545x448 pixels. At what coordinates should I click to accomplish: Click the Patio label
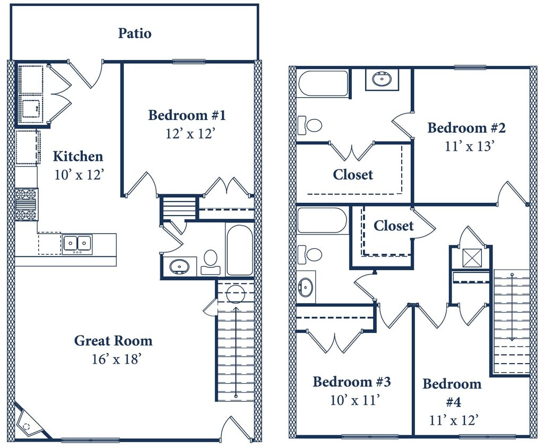134,33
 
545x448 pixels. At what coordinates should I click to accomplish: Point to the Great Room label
113,341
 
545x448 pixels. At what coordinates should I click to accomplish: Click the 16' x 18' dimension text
116,359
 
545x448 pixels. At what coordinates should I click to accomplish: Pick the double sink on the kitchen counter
77,244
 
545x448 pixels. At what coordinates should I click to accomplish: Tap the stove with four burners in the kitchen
26,204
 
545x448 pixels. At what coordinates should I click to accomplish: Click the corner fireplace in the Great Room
28,422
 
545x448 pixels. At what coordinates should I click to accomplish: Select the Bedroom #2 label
466,128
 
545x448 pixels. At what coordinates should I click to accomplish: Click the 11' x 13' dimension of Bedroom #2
470,146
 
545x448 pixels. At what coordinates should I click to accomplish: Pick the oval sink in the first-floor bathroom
179,266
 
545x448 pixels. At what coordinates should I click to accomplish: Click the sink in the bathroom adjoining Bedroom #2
382,79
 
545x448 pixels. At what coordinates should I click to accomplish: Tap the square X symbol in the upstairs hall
471,258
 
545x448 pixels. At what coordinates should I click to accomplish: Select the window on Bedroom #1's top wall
188,62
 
